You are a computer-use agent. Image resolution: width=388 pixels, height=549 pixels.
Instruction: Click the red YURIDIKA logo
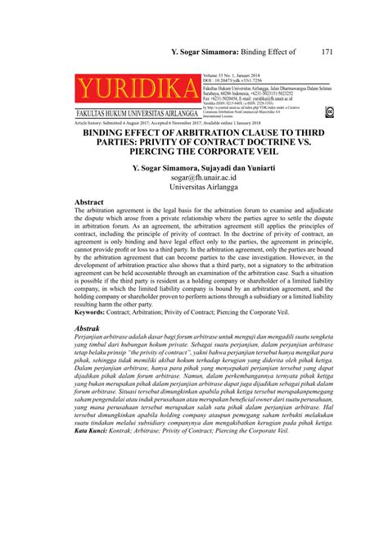click(x=138, y=88)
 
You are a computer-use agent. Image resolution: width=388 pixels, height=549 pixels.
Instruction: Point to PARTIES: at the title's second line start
click(x=105, y=142)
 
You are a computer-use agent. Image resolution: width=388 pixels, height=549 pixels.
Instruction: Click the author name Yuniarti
click(x=246, y=165)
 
